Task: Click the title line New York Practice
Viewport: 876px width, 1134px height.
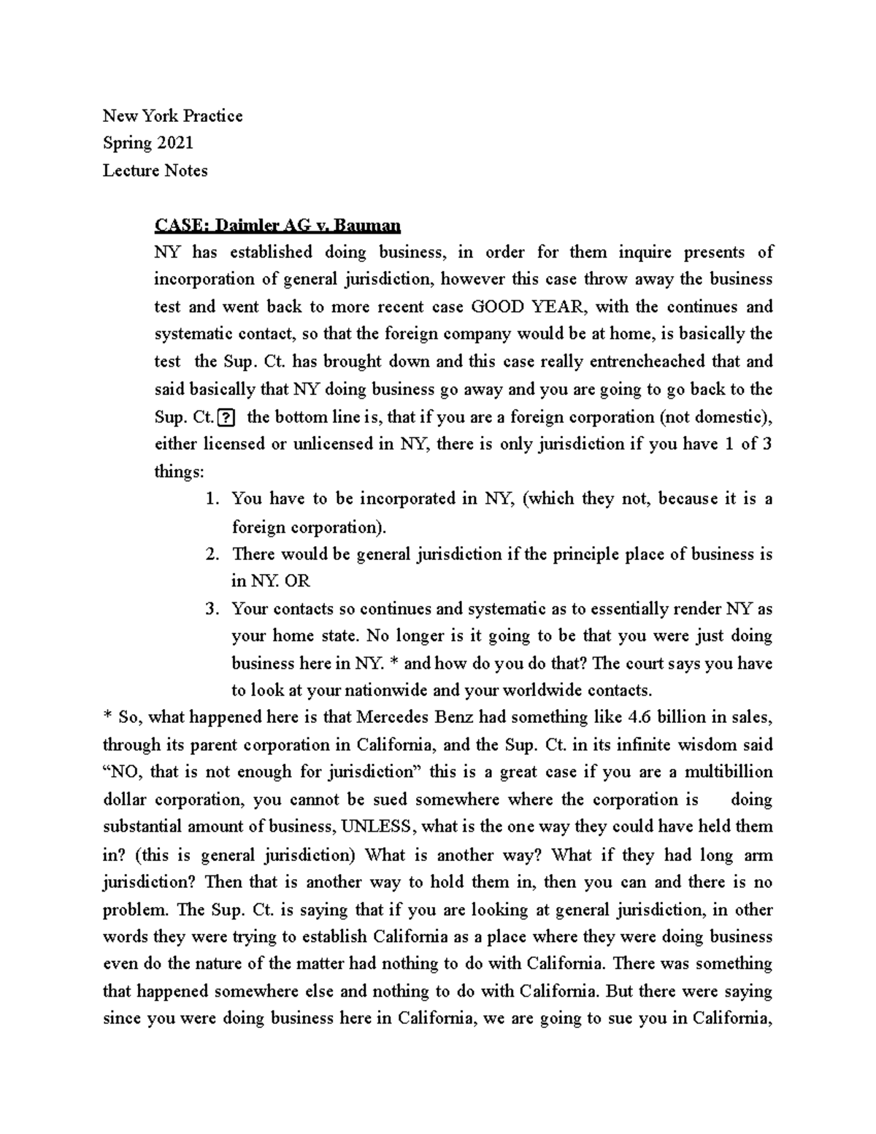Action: (172, 116)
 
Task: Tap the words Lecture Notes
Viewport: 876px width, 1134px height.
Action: (155, 171)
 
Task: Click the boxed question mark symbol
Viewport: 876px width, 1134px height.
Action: (226, 418)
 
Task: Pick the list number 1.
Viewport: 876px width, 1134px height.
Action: (212, 499)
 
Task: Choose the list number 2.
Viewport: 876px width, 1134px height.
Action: (212, 554)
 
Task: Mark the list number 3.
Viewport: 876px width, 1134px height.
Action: (212, 609)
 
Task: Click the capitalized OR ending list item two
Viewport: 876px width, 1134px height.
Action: (297, 581)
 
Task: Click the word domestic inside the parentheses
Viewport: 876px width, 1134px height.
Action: (726, 418)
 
